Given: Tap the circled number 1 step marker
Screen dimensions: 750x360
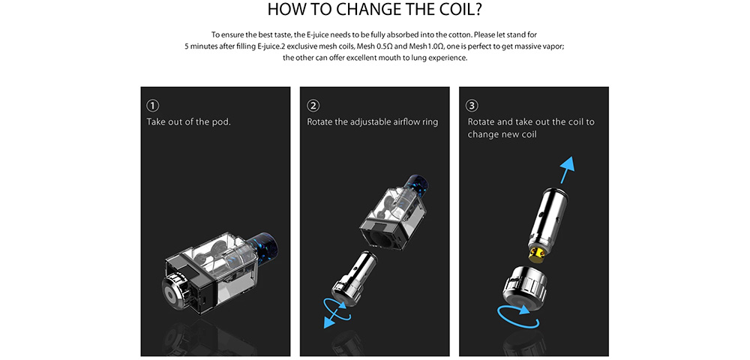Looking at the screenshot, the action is [153, 106].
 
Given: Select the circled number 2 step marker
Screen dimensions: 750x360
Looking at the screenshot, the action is [313, 106].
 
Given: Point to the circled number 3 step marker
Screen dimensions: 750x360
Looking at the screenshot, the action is [472, 106].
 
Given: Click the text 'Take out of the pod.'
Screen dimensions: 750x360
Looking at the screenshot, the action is [188, 121].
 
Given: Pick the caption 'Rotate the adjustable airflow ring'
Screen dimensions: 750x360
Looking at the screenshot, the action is [372, 122].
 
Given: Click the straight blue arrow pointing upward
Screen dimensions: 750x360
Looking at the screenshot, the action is [567, 170].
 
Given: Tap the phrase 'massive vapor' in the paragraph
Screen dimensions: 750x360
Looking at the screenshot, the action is [545, 46].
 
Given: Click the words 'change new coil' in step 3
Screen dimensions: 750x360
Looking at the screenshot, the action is [502, 134].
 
